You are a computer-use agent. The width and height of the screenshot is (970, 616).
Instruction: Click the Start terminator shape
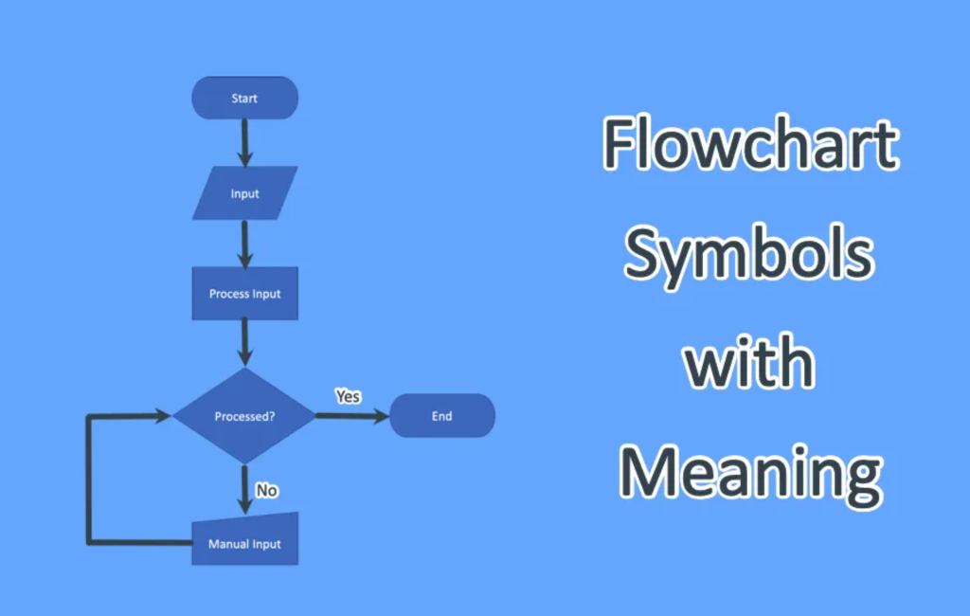[244, 99]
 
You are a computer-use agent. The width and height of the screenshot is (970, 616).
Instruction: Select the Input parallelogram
[244, 194]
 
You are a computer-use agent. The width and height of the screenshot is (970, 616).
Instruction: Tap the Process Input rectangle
[244, 294]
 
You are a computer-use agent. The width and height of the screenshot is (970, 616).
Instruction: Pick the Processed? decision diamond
[244, 416]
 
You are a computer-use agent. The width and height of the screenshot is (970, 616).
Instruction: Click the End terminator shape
[441, 416]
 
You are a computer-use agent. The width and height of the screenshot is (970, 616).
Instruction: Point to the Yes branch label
[348, 396]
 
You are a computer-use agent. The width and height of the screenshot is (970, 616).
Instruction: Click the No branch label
[267, 491]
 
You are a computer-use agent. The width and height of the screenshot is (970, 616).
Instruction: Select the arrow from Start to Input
[245, 142]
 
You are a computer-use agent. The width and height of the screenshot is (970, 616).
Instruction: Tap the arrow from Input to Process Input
[245, 244]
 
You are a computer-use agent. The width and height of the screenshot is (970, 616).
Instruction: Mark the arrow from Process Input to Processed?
[245, 342]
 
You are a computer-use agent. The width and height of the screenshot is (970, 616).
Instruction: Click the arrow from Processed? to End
[350, 416]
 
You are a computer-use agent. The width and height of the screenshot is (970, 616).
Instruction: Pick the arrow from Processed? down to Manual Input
[245, 489]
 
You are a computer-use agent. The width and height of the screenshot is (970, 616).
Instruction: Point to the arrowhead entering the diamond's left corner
[163, 416]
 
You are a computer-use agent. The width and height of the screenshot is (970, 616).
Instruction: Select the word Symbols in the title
[748, 254]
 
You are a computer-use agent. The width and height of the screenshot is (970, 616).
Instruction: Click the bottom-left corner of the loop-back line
[89, 542]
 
